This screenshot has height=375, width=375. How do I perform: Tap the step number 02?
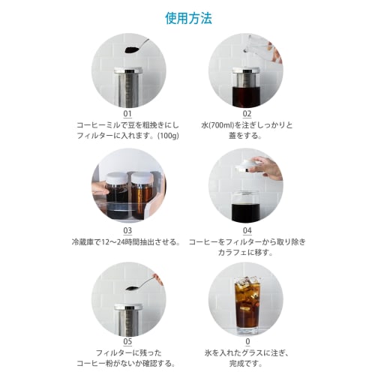[x=247, y=114]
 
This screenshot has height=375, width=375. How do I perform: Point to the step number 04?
[x=247, y=231]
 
